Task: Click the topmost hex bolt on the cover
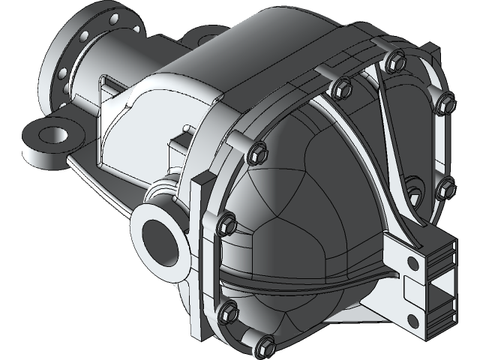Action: coord(392,59)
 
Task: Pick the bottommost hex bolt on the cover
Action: coord(265,346)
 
